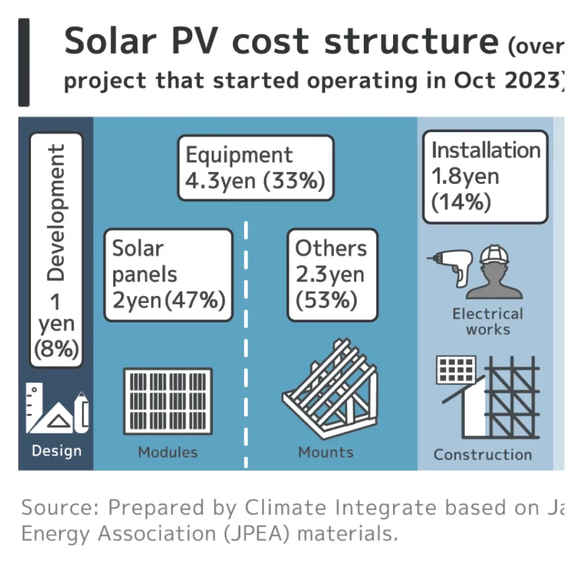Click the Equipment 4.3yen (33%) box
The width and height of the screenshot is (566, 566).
click(255, 167)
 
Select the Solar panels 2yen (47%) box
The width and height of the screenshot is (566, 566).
click(169, 275)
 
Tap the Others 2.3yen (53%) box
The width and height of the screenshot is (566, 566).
click(333, 275)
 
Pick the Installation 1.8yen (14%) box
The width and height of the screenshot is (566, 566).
click(485, 177)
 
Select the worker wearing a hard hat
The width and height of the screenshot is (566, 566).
click(495, 272)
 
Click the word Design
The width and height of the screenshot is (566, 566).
click(56, 451)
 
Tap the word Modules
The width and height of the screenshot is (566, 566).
click(167, 452)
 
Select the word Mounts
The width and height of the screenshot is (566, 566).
click(326, 452)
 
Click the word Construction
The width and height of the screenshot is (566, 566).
click(483, 455)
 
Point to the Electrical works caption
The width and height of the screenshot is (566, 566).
click(488, 322)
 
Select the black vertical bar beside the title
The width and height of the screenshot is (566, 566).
click(24, 62)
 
